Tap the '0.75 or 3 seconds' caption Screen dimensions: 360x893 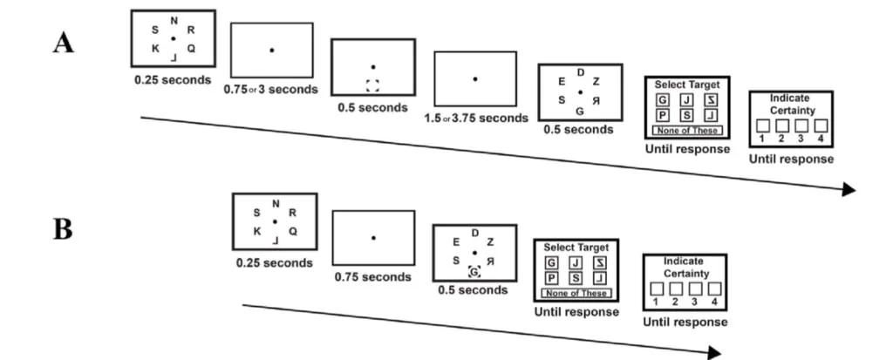[273, 89]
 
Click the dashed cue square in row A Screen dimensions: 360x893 [373, 85]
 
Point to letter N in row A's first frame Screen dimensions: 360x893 [174, 21]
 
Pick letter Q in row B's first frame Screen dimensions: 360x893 [293, 232]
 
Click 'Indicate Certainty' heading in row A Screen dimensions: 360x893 [792, 105]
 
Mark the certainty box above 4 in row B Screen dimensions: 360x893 [714, 289]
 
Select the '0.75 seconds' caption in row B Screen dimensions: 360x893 [372, 277]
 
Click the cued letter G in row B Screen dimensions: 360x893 [474, 272]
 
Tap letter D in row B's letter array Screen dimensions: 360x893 [474, 233]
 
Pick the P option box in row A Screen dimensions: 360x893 [661, 116]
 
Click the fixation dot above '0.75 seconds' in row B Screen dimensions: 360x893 [373, 238]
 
